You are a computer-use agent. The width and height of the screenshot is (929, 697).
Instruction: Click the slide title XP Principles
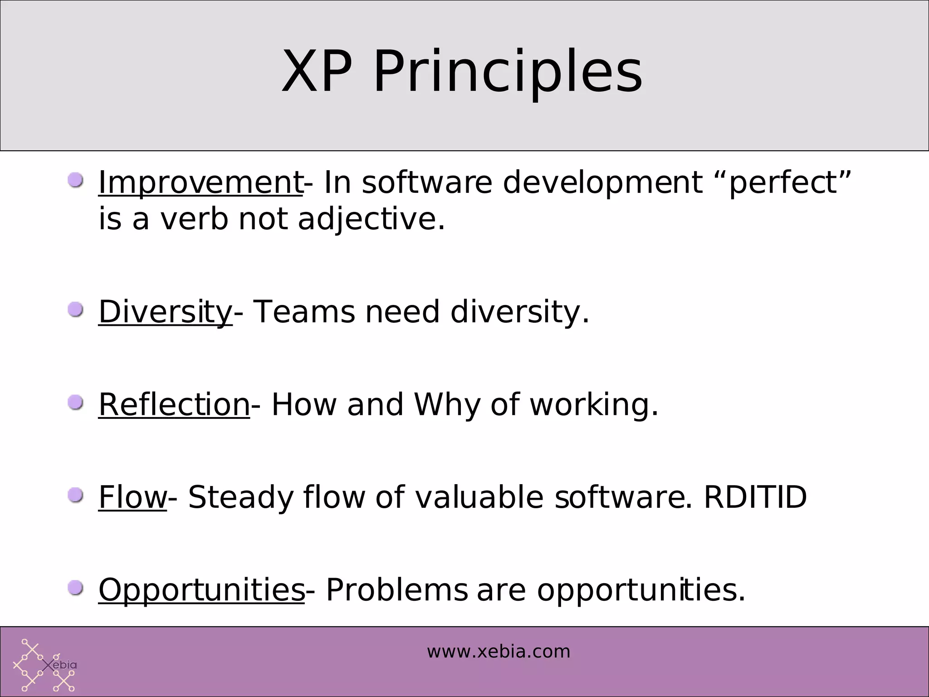[462, 73]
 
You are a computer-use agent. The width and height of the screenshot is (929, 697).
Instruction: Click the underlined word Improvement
[200, 182]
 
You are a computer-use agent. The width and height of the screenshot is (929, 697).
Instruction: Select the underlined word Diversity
[165, 312]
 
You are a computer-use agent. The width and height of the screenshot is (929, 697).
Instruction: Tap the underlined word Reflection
[174, 405]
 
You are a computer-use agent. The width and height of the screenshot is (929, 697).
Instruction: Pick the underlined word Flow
[132, 497]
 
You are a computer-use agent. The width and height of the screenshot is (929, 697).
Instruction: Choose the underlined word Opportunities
[201, 590]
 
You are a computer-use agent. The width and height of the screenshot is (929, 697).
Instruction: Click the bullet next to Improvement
[75, 181]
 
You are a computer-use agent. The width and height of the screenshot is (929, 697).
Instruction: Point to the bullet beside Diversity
[75, 310]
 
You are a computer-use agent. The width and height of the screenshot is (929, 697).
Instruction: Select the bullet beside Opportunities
[75, 589]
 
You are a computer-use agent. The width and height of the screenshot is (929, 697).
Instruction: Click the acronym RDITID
[755, 497]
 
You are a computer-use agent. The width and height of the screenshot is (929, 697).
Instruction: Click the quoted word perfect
[783, 182]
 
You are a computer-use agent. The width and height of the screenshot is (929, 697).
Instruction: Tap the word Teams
[303, 312]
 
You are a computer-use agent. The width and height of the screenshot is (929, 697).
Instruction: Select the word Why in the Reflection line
[446, 405]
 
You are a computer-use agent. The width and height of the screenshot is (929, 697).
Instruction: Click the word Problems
[396, 590]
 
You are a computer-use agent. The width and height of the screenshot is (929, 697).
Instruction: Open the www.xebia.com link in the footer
[498, 652]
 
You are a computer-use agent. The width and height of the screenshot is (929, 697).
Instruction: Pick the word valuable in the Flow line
[479, 497]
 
